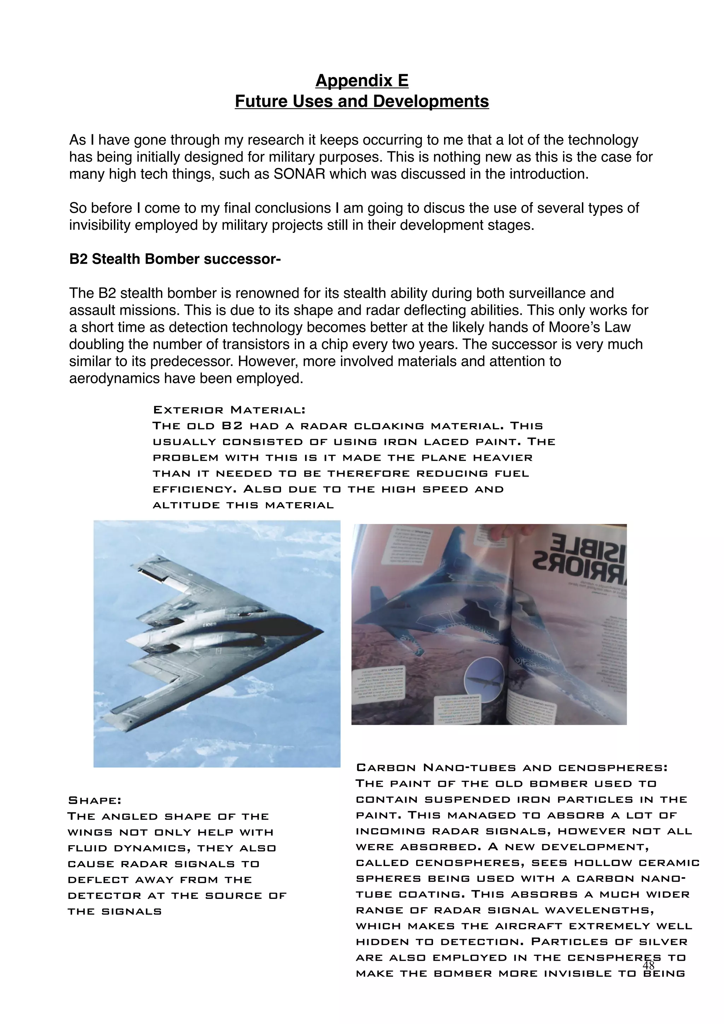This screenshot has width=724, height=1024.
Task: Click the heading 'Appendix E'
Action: (362, 81)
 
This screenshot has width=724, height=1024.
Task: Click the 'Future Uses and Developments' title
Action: (362, 101)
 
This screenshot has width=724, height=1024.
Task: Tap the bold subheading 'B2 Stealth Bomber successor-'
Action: (175, 259)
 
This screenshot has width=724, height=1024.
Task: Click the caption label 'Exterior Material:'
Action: (229, 410)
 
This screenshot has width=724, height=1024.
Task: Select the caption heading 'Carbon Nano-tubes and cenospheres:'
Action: (512, 768)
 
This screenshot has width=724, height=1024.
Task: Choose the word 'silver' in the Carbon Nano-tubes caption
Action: (667, 942)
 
